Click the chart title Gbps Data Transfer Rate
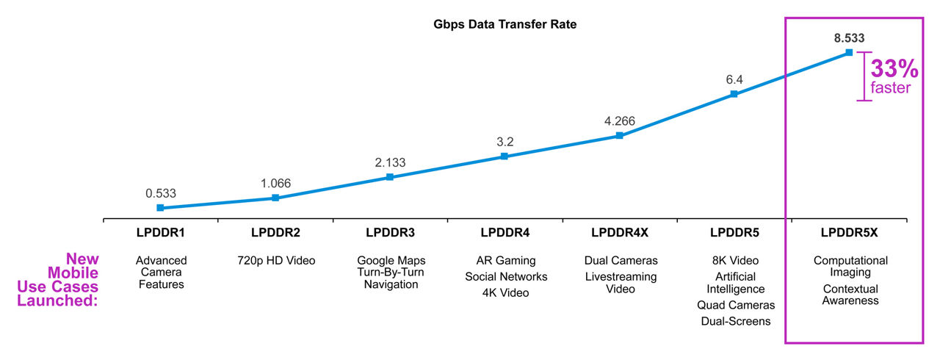coord(505,24)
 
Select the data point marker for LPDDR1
coord(160,208)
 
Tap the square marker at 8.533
coord(849,52)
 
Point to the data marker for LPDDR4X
coord(619,136)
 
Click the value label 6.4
coord(734,79)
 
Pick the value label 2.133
coord(389,162)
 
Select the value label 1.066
coord(275,183)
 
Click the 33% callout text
coord(894,70)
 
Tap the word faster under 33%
coord(891,89)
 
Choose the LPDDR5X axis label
coord(849,233)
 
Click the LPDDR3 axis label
coord(390,233)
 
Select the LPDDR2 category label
coord(275,233)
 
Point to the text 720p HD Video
coord(275,261)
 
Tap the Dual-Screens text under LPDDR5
coord(734,321)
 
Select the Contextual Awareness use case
coord(850,295)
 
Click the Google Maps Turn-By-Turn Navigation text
coord(390,272)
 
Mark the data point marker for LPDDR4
coord(505,156)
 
